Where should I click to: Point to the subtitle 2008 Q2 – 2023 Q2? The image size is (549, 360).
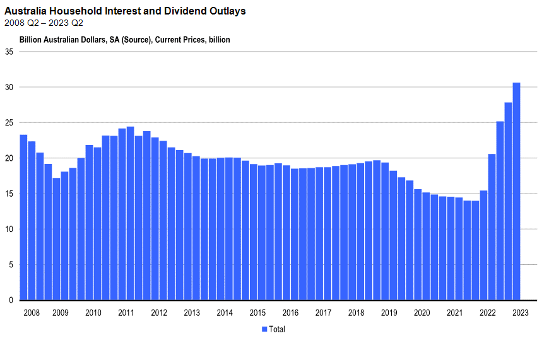[x=44, y=23]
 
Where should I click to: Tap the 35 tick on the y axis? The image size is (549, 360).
[x=9, y=52]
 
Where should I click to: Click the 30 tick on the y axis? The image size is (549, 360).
[x=9, y=87]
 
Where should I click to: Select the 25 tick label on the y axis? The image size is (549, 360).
[x=9, y=122]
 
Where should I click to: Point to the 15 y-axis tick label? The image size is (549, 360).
[x=9, y=194]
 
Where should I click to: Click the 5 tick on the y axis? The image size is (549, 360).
[x=11, y=265]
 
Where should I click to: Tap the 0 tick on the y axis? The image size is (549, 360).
[x=11, y=300]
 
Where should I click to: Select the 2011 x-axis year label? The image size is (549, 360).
[x=126, y=313]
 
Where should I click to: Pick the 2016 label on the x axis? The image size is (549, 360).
[x=290, y=313]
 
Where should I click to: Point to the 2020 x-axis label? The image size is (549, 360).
[x=422, y=313]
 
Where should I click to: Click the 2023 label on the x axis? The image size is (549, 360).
[x=520, y=313]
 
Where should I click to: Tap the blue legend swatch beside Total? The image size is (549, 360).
[x=264, y=329]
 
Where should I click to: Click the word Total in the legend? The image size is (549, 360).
[x=277, y=329]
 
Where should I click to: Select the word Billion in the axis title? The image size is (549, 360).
[x=30, y=40]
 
